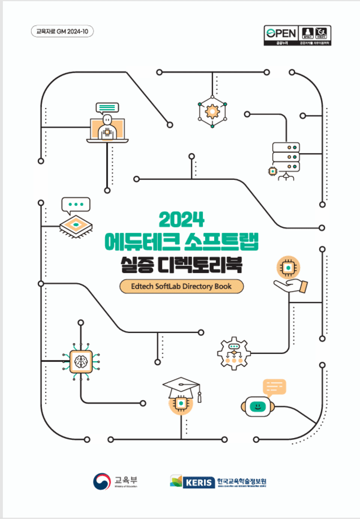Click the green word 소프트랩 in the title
[x=224, y=241]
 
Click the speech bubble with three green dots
[x=76, y=205]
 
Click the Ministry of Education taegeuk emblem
[x=101, y=481]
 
